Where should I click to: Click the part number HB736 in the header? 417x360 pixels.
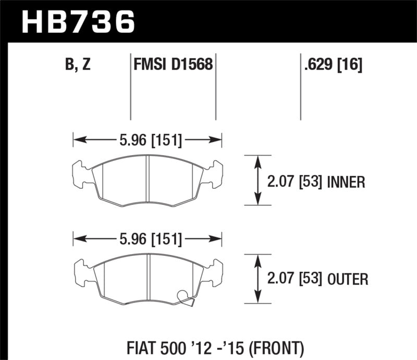pos(77,22)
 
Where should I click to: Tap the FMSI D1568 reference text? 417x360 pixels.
pos(172,65)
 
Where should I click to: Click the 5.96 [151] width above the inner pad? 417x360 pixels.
pos(147,140)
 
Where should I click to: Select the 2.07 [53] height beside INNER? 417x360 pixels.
pos(293,182)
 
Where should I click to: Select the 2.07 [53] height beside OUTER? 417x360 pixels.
pos(293,280)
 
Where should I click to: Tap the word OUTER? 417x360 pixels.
pos(348,280)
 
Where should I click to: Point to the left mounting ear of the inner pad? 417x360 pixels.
pos(79,174)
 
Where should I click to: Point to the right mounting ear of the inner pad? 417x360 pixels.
pos(215,174)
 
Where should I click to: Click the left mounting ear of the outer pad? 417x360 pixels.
pos(79,273)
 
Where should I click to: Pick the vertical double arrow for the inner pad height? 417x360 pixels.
pos(257,180)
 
